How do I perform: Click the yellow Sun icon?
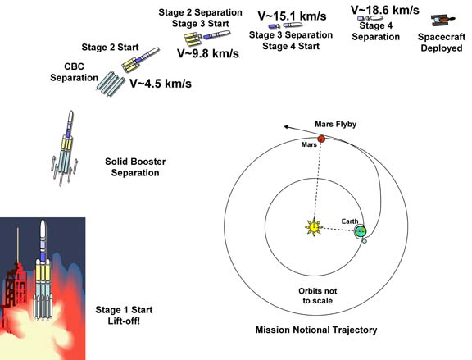(314, 226)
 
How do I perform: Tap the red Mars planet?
(321, 139)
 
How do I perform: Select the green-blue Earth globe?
(361, 231)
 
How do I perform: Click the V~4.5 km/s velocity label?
(161, 84)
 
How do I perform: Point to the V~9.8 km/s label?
(208, 53)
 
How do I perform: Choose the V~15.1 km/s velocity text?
(292, 16)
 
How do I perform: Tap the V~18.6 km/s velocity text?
(384, 10)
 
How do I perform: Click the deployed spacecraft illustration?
(442, 20)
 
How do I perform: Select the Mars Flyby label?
(336, 124)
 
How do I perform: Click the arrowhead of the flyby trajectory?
(286, 127)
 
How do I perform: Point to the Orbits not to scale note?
(318, 296)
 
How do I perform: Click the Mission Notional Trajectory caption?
(316, 330)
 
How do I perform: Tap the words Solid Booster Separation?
(135, 167)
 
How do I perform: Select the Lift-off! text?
(124, 321)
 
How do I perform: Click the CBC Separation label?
(74, 72)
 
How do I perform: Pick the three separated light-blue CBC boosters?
(111, 84)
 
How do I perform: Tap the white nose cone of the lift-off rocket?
(43, 228)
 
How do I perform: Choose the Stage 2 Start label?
(110, 48)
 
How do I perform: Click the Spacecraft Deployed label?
(442, 43)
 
